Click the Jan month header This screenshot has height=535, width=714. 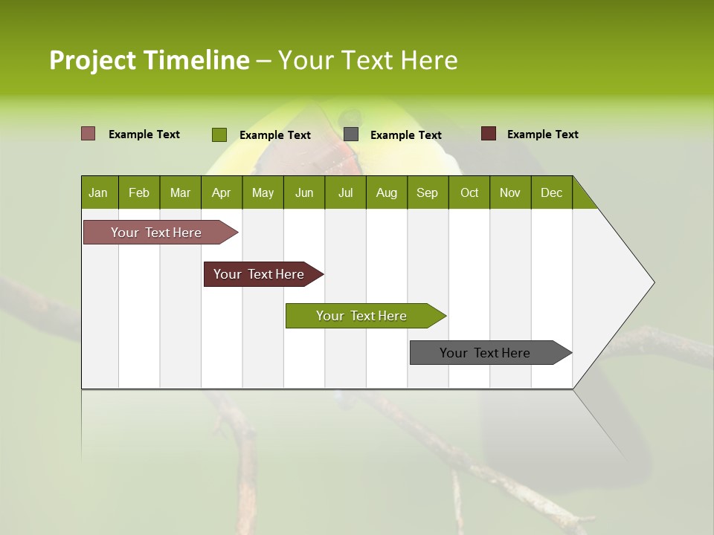[98, 193]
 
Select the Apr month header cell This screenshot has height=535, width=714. [221, 193]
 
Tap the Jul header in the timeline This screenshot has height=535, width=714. [345, 193]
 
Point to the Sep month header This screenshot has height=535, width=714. [427, 193]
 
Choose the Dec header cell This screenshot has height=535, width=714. [551, 193]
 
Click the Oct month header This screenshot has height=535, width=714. [469, 193]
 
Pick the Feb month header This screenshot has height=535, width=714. [139, 193]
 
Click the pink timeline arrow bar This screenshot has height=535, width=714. [156, 233]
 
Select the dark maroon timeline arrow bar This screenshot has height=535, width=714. [259, 274]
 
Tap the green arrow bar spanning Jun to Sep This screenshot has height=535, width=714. [361, 316]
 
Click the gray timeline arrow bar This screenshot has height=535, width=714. [485, 353]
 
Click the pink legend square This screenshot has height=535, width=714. [89, 134]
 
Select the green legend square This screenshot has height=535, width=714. [219, 134]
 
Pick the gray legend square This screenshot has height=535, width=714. [351, 134]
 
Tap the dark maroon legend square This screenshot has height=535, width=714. [489, 134]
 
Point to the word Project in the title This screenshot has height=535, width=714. [93, 60]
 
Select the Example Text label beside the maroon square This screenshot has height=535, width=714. [542, 134]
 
